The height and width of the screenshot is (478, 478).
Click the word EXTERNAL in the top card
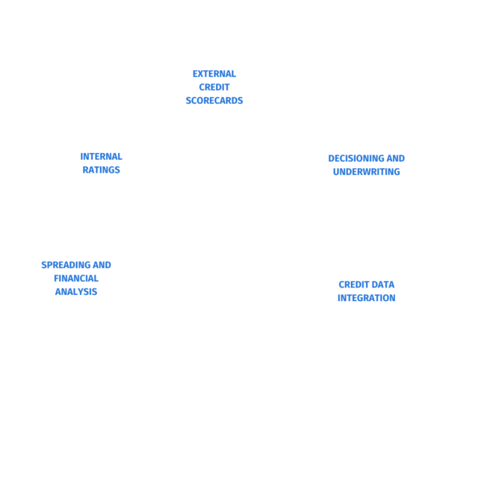click(x=214, y=74)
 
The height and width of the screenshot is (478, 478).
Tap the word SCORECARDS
click(x=214, y=100)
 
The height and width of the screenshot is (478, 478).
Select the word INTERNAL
click(x=102, y=157)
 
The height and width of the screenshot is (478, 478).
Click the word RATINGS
click(x=102, y=170)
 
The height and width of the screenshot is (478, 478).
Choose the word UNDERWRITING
click(x=367, y=171)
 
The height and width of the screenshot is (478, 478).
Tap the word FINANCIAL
click(x=76, y=279)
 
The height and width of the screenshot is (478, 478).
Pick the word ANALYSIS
click(x=76, y=291)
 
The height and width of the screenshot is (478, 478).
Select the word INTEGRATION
click(x=367, y=297)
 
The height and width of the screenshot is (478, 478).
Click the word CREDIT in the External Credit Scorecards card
click(x=214, y=87)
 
